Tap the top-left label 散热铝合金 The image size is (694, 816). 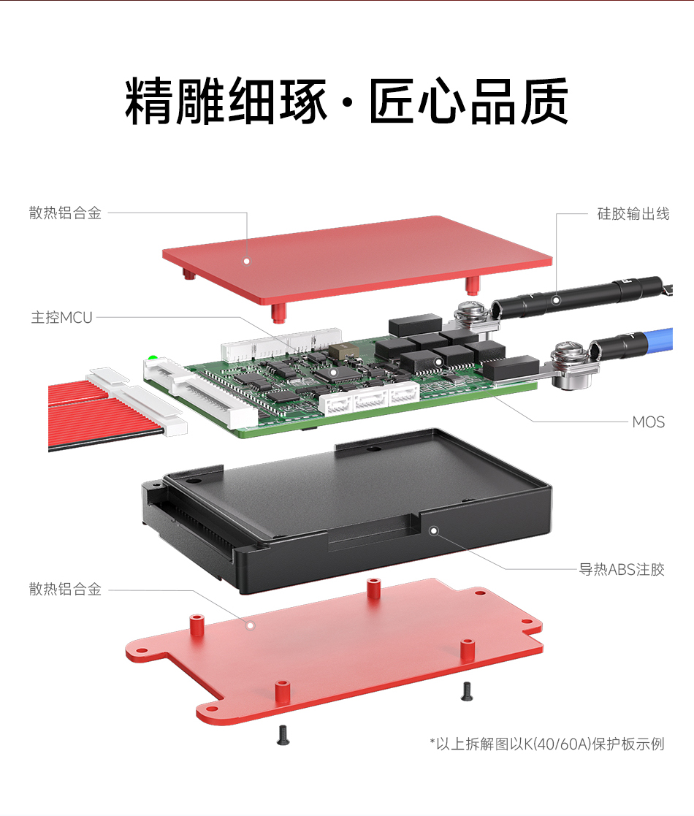(x=65, y=213)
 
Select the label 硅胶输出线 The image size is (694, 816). (x=633, y=214)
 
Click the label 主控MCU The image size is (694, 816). (x=61, y=318)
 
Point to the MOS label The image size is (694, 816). (x=648, y=422)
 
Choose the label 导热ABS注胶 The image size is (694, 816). (x=622, y=569)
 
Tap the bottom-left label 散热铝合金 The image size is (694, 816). (x=65, y=589)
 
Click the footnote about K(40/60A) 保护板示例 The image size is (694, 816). (x=547, y=744)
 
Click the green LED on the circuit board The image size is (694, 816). (x=153, y=358)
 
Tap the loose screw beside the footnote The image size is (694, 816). (x=467, y=692)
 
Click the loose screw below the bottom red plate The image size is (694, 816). (x=283, y=736)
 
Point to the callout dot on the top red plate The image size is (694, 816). (x=247, y=262)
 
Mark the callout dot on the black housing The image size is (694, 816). (x=434, y=531)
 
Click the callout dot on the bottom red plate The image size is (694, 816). (x=251, y=625)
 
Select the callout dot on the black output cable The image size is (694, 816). (x=556, y=300)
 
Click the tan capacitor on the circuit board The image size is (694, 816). (x=342, y=350)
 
